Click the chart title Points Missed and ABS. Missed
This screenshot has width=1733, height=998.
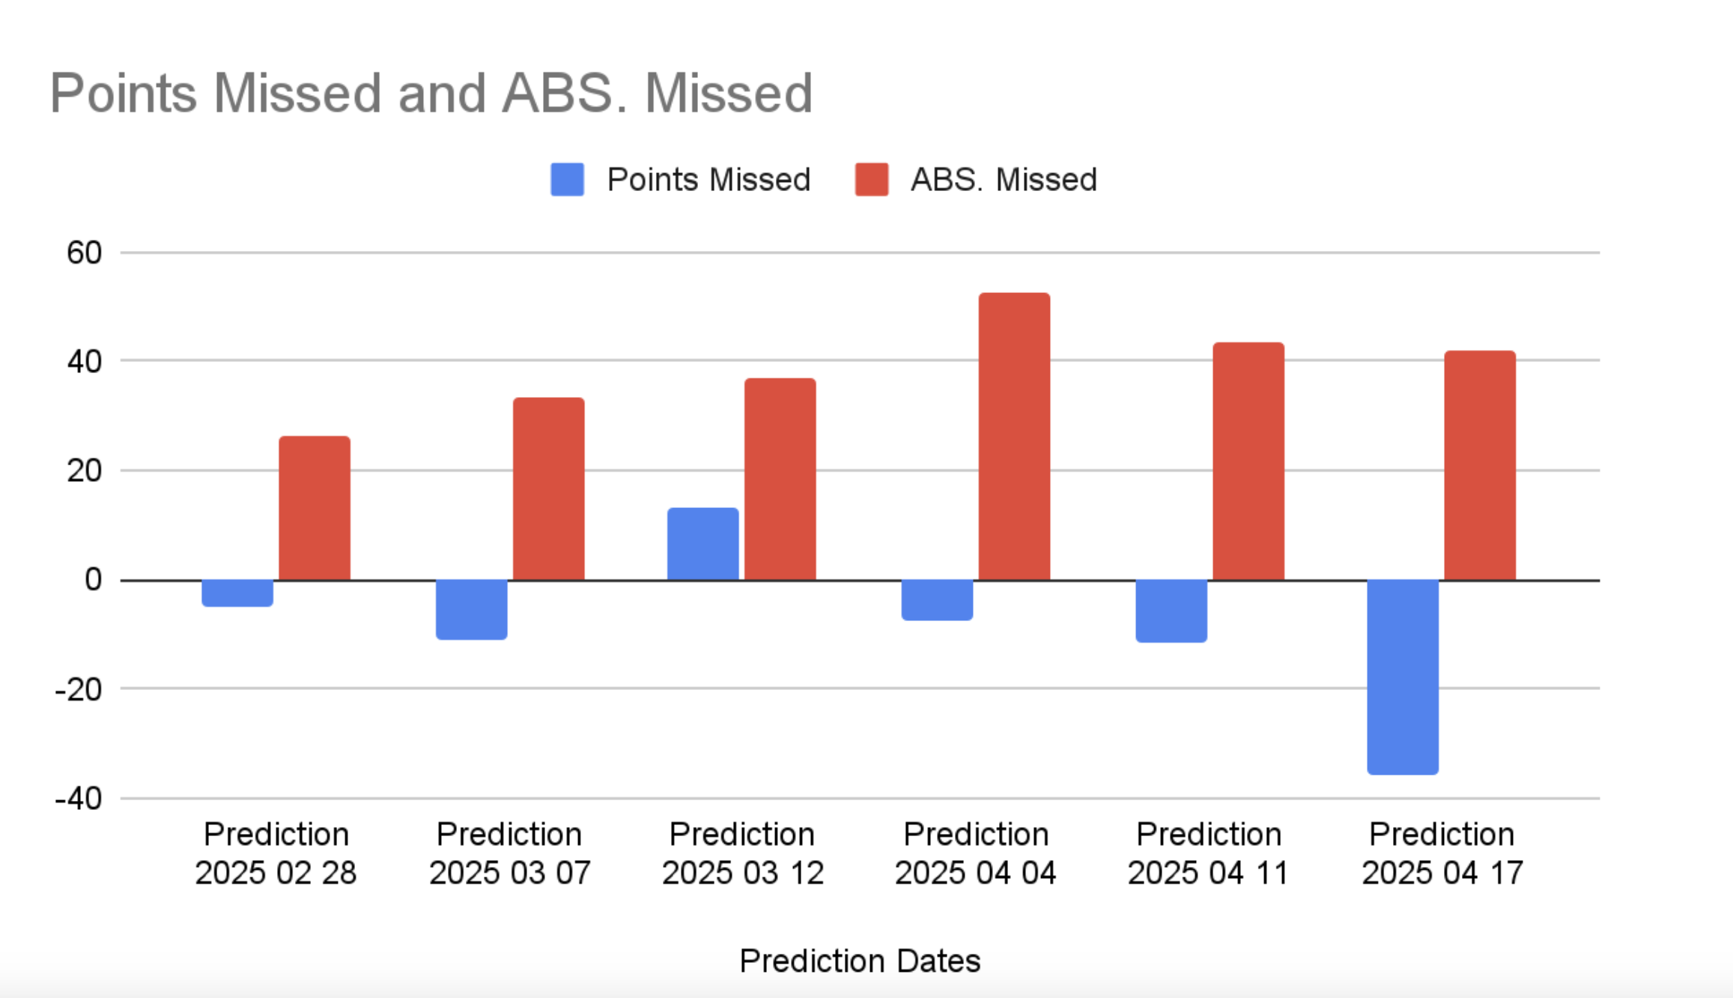pos(431,94)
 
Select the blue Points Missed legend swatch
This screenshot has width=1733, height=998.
pos(567,180)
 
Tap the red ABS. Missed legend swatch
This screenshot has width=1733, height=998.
pos(872,180)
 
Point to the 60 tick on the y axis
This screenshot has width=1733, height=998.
pos(84,252)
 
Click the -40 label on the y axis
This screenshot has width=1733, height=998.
pos(79,799)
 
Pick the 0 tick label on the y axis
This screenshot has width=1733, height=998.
pos(93,579)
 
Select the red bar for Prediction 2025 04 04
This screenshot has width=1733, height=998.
pos(1014,436)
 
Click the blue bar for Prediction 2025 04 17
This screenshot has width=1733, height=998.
pos(1403,677)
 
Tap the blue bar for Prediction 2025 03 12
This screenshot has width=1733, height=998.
pos(703,544)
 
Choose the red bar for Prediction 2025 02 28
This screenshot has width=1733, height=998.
pos(315,508)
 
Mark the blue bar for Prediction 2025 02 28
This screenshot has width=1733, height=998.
pos(237,593)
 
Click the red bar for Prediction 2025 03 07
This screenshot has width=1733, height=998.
pos(549,489)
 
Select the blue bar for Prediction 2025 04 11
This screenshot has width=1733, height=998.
pos(1171,611)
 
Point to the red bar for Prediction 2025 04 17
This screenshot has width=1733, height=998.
pos(1480,465)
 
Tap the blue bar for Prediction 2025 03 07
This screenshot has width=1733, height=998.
pos(472,610)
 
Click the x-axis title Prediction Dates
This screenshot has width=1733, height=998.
pos(860,961)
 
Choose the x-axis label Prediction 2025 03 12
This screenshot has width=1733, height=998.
pos(742,853)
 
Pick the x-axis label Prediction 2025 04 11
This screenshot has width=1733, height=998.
pos(1209,853)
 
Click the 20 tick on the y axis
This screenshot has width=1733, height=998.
pos(84,471)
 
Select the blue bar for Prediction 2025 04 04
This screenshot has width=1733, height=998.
pos(937,600)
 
